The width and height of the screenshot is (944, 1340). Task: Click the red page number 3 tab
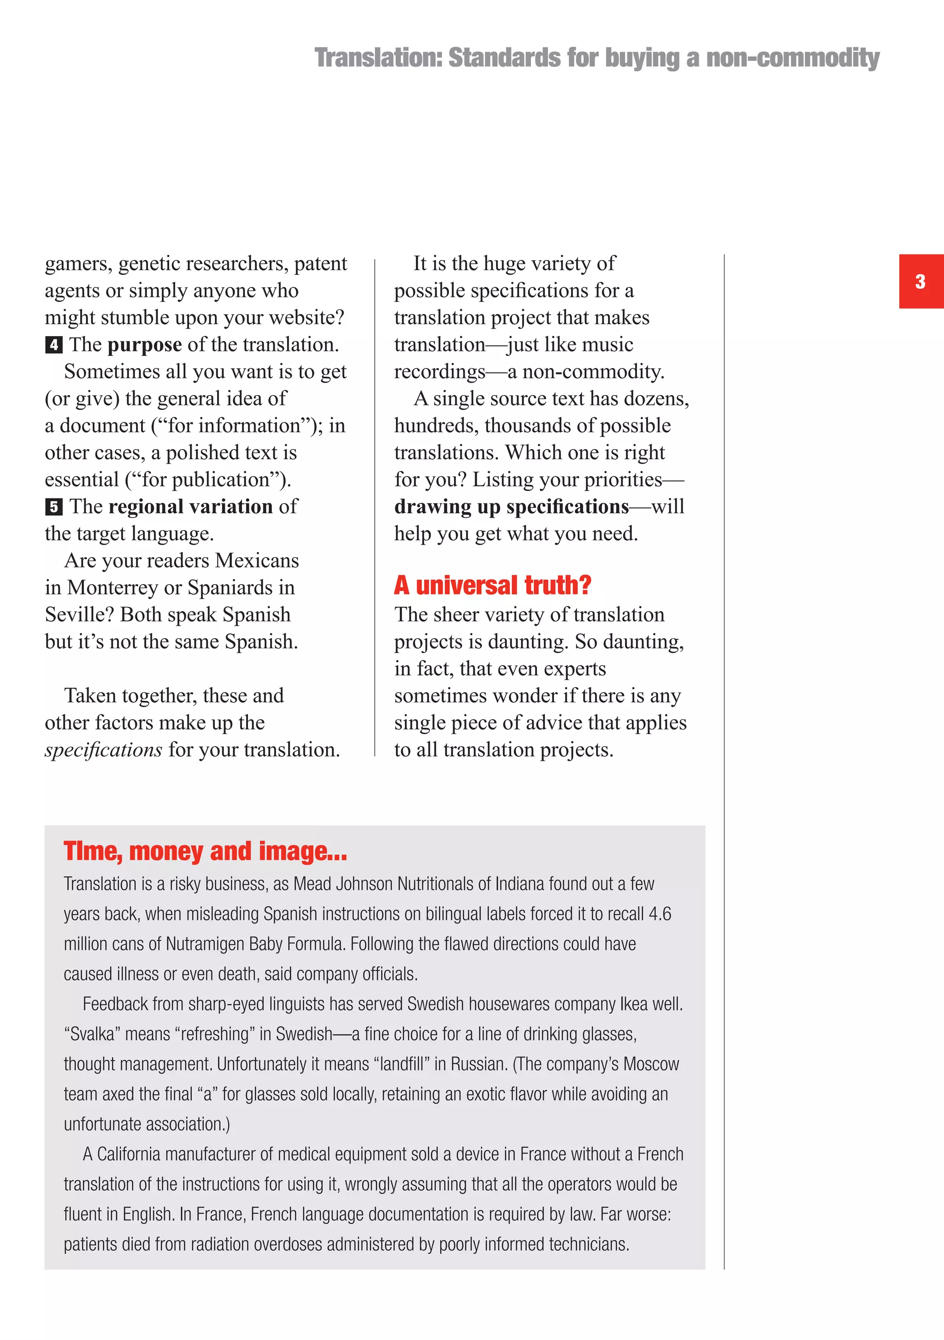pos(920,281)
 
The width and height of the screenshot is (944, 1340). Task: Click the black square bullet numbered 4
pos(53,345)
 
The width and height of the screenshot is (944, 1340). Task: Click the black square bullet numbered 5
pos(53,507)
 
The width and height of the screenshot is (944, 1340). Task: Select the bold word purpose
pos(145,345)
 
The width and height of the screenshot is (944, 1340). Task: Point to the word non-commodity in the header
pos(792,58)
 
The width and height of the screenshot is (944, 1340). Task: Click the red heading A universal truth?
pos(492,585)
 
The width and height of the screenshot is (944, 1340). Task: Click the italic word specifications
pos(103,750)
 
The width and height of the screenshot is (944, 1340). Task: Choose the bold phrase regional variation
pos(190,507)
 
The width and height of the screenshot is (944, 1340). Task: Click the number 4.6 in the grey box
pos(660,914)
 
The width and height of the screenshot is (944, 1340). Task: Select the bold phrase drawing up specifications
pos(512,507)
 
